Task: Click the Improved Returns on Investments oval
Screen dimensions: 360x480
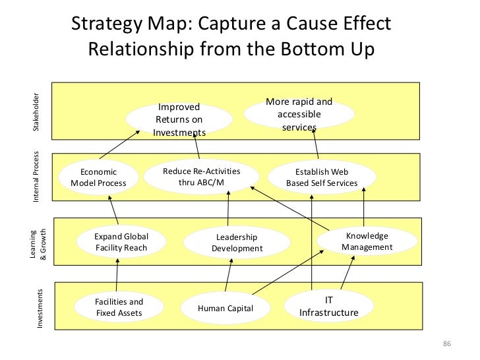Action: point(179,119)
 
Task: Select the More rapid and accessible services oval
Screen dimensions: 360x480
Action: point(299,114)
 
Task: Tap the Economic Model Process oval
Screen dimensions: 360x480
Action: point(98,177)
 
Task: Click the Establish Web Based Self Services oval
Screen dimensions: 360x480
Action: point(321,177)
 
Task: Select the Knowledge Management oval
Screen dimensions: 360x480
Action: point(367,242)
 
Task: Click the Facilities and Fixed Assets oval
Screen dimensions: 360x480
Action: point(119,307)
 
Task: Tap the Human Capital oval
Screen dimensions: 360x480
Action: point(225,308)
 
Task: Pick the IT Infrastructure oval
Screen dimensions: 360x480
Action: point(329,305)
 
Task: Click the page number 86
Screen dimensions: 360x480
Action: point(446,345)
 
